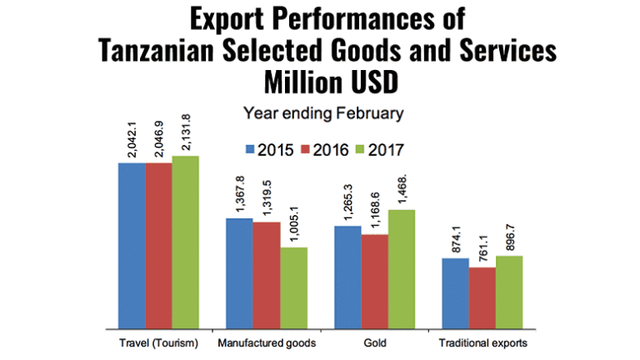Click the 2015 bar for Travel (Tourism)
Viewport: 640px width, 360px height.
click(132, 245)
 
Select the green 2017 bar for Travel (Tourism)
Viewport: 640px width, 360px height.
click(185, 242)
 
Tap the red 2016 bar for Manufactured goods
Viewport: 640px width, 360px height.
click(267, 275)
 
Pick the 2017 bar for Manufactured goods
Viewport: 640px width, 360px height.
click(293, 287)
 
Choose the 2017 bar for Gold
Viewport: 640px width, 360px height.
click(401, 268)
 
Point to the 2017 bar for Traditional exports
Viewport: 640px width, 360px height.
click(508, 292)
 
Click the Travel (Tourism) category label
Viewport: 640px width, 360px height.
click(158, 342)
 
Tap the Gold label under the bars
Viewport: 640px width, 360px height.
click(374, 342)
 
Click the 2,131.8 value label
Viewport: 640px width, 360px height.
click(186, 133)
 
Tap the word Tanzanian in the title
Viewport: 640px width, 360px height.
click(171, 52)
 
